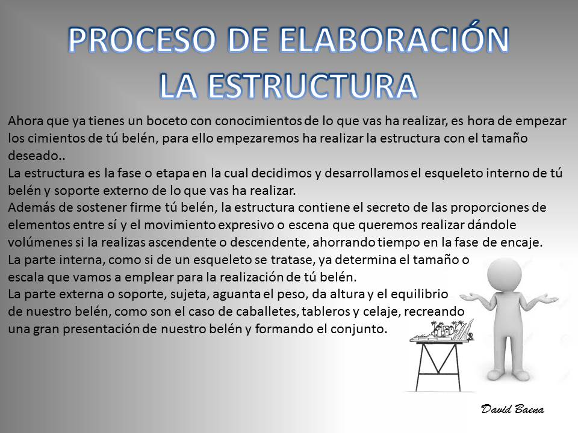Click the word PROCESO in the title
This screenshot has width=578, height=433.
point(142,40)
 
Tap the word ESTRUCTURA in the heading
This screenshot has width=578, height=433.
point(312,86)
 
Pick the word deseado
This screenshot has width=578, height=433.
point(34,155)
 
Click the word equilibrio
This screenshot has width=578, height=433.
point(420,294)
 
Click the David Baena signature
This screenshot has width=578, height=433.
point(512,409)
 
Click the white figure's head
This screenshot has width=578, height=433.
point(505,275)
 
